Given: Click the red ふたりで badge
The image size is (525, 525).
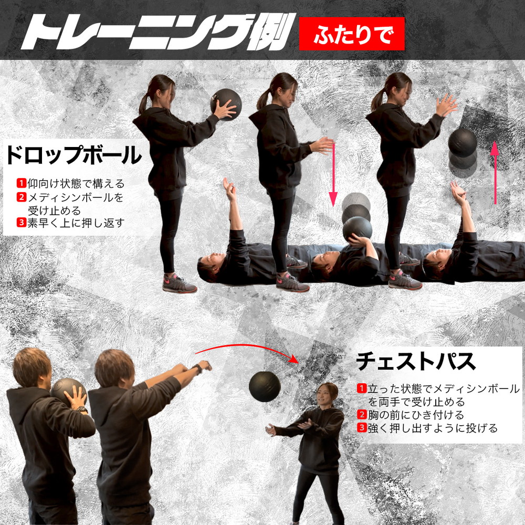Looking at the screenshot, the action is point(352,34).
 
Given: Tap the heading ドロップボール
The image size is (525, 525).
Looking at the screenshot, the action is point(73,155).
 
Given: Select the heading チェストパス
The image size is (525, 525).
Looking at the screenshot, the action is point(415,361).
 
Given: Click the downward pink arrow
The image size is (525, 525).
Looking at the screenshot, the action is point(333,174).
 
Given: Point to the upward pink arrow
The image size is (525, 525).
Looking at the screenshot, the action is point(495,172).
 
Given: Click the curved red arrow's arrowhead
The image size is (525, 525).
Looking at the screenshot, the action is point(293,359).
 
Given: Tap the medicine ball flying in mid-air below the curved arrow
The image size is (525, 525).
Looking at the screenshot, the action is point(265,386).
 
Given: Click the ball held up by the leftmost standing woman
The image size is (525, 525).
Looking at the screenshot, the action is point(226,104).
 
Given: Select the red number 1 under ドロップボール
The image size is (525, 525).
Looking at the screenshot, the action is point(22,183).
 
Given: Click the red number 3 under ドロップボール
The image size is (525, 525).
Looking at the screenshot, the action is point(22,223).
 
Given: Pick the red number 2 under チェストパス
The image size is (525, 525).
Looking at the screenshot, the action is point(362,415).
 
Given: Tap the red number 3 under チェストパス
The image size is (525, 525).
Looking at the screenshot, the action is point(362,427).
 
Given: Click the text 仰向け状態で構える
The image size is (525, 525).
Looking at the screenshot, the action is point(76,183).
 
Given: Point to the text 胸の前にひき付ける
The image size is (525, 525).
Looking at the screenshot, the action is point(416,415).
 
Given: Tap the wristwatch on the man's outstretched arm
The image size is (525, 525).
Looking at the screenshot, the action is point(197,369).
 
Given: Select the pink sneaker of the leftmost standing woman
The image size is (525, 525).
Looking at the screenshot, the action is point(179,283).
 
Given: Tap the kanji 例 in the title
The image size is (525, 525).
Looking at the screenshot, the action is point(270,32).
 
